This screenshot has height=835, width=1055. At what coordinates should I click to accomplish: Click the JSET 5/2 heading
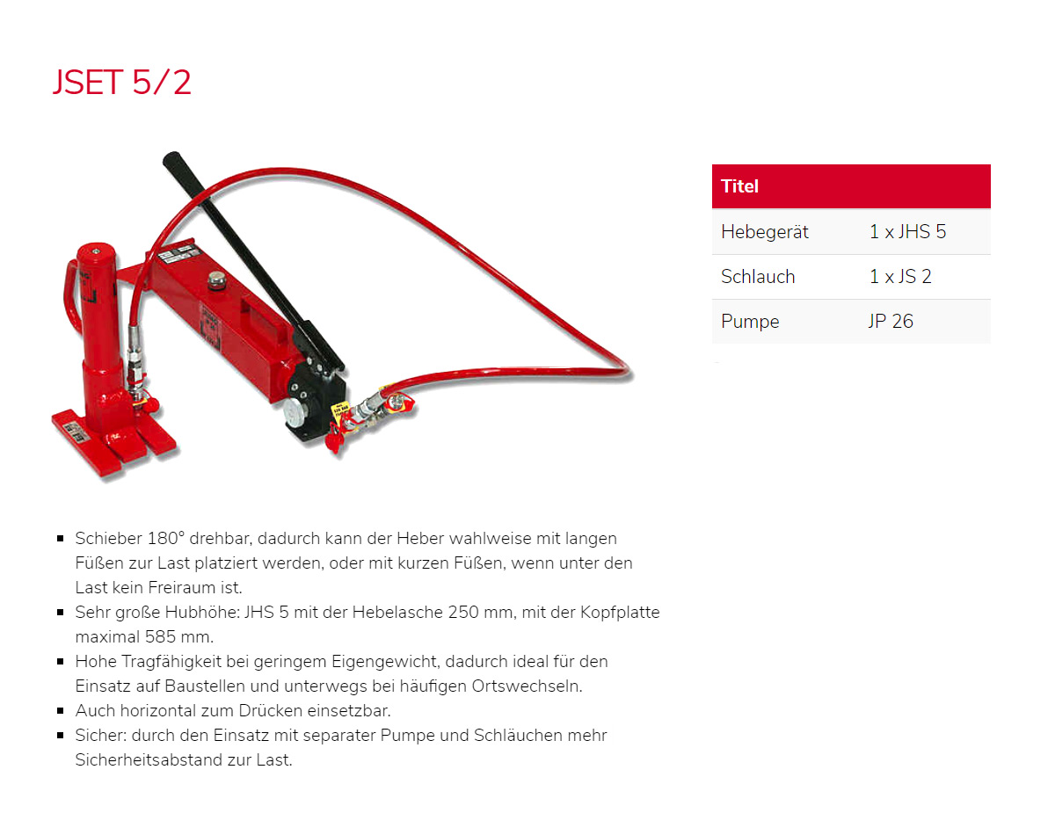[x=121, y=83]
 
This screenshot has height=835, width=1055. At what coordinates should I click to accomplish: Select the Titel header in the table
[x=739, y=186]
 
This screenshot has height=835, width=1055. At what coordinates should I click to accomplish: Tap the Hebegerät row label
[x=764, y=232]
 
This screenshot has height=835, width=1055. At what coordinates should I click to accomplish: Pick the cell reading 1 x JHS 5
[x=907, y=232]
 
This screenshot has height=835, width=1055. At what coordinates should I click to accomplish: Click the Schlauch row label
[x=757, y=277]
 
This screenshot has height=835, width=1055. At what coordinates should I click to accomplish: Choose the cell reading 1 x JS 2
[x=900, y=277]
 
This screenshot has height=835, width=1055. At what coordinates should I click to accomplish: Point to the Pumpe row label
[x=750, y=322]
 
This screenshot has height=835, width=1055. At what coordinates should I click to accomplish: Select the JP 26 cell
[x=891, y=322]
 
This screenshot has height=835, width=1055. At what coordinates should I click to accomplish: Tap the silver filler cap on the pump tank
[x=215, y=281]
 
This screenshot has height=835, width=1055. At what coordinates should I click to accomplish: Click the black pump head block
[x=309, y=404]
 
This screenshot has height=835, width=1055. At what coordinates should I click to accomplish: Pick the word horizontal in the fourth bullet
[x=155, y=710]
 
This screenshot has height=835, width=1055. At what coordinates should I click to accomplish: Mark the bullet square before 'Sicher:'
[x=61, y=736]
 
